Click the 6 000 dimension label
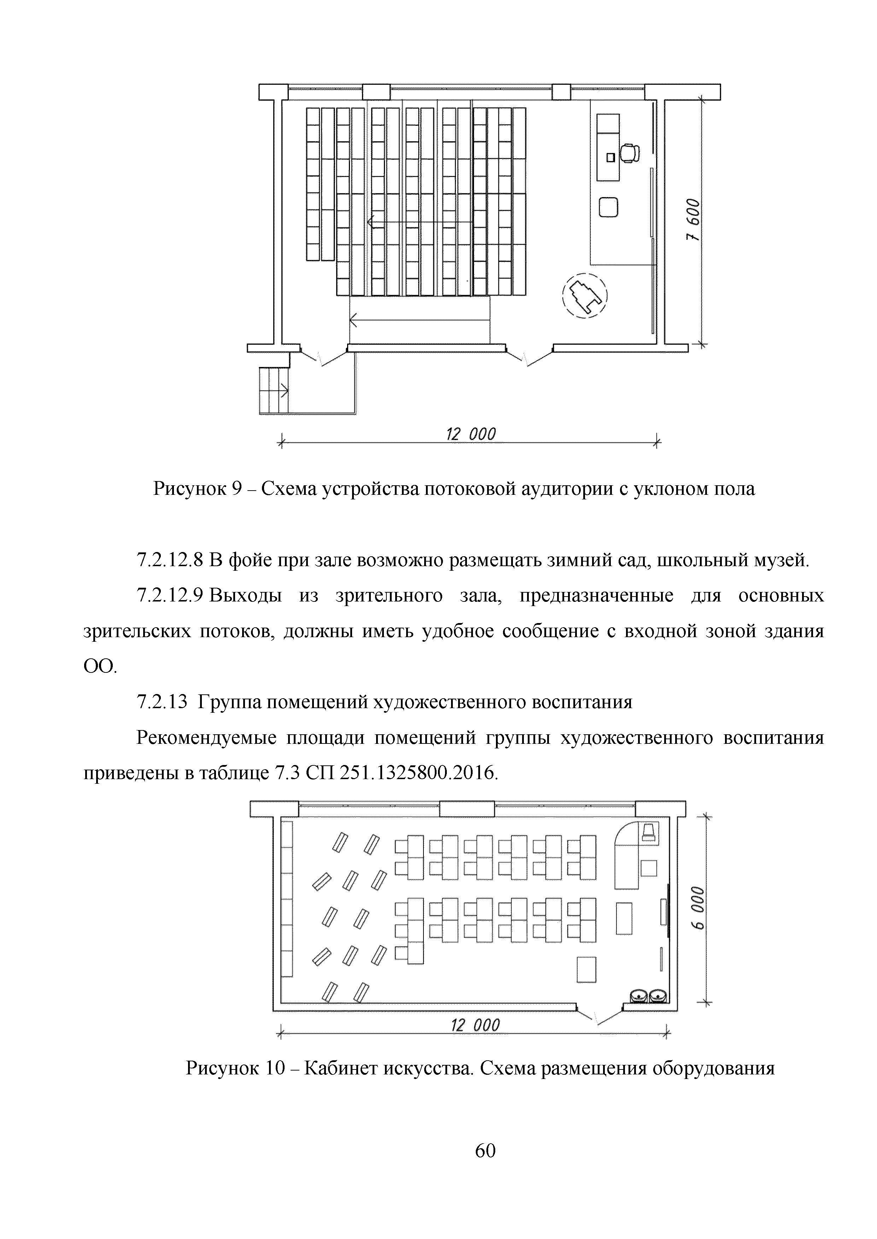coord(698,908)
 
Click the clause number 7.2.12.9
coord(170,596)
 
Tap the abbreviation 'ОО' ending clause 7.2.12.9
coord(99,668)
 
